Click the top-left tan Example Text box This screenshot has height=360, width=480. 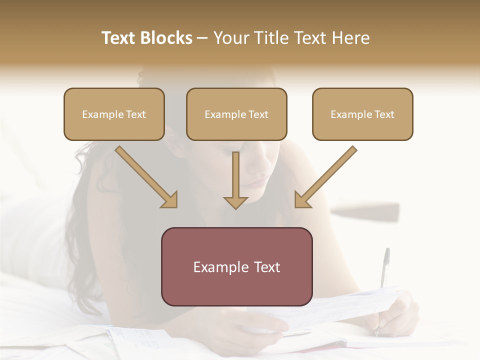coord(114,114)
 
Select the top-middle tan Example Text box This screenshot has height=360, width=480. coord(236,114)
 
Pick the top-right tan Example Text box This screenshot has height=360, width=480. coord(362,114)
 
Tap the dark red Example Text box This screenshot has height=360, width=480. coord(236,266)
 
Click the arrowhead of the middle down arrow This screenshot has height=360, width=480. coord(235,202)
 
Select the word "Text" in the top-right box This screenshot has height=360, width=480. coord(384,114)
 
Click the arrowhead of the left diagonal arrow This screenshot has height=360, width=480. coord(170,200)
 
